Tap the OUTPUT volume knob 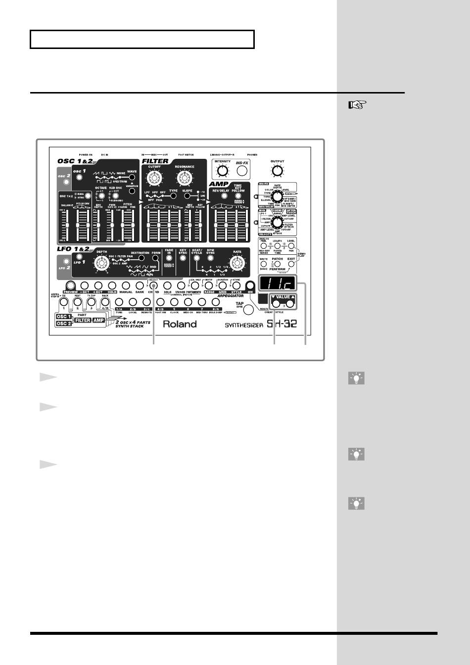[x=278, y=171]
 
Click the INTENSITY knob [x=223, y=171]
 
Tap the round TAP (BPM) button [x=249, y=310]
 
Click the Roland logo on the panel [x=180, y=324]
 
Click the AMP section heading [x=219, y=184]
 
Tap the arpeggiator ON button [x=250, y=285]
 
